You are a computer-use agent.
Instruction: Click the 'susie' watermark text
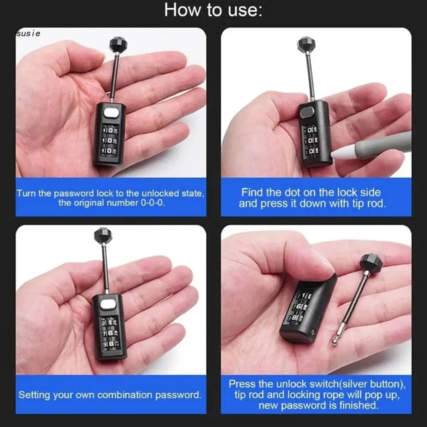click(x=28, y=33)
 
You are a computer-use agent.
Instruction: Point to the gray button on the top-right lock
click(x=307, y=113)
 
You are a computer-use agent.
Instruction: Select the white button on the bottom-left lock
click(x=109, y=304)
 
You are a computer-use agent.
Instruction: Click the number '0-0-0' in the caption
click(x=152, y=203)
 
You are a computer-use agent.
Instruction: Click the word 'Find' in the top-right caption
click(x=252, y=193)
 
